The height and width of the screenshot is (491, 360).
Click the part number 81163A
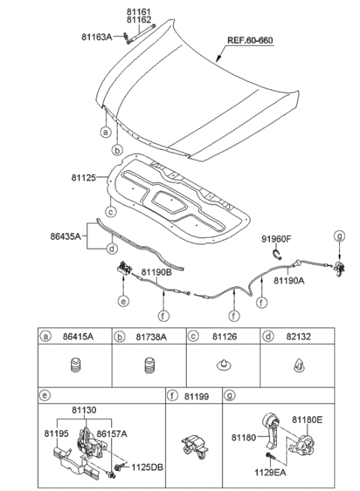tap(97, 36)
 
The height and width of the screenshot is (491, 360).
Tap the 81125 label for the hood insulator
tap(84, 178)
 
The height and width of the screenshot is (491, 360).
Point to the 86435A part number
tap(65, 234)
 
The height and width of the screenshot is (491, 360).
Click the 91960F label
tap(277, 239)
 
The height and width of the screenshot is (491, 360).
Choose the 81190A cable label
tap(288, 280)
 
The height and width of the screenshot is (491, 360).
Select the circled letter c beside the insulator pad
tap(109, 211)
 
